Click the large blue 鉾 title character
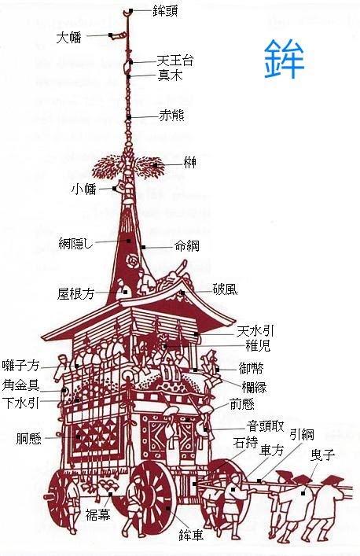click(285, 59)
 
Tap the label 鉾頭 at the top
click(165, 11)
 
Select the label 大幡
click(68, 37)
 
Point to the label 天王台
click(175, 61)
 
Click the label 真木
click(170, 75)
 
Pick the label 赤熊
click(171, 116)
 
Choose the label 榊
click(190, 163)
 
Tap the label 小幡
click(83, 190)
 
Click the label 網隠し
click(75, 243)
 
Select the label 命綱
click(187, 245)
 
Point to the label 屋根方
click(75, 293)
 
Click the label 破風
click(225, 289)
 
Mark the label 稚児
click(258, 345)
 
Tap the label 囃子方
click(21, 365)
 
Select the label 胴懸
click(29, 439)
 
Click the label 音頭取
click(266, 426)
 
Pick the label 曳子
click(322, 455)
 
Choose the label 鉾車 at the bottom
click(191, 536)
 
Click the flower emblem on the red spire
click(132, 262)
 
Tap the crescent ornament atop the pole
click(127, 13)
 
